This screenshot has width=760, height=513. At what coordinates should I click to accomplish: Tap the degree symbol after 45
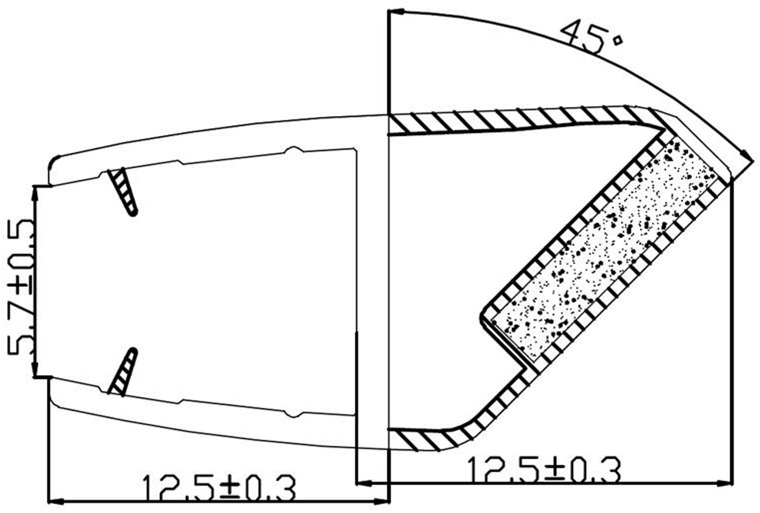pos(617,40)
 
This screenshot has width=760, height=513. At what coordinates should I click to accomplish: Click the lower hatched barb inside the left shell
pos(123,372)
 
